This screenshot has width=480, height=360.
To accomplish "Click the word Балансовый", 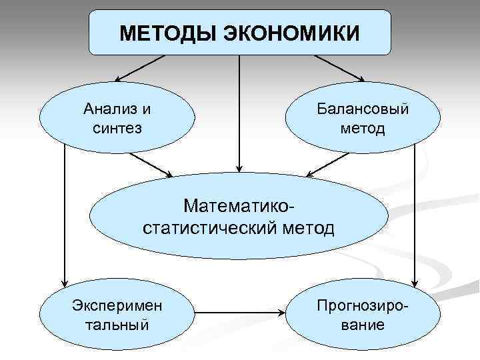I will (x=362, y=108).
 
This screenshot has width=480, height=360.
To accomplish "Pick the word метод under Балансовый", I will (x=362, y=127).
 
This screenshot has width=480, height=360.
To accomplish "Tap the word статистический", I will (x=209, y=228).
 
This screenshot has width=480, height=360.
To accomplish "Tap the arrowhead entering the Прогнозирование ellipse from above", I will (x=415, y=279).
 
